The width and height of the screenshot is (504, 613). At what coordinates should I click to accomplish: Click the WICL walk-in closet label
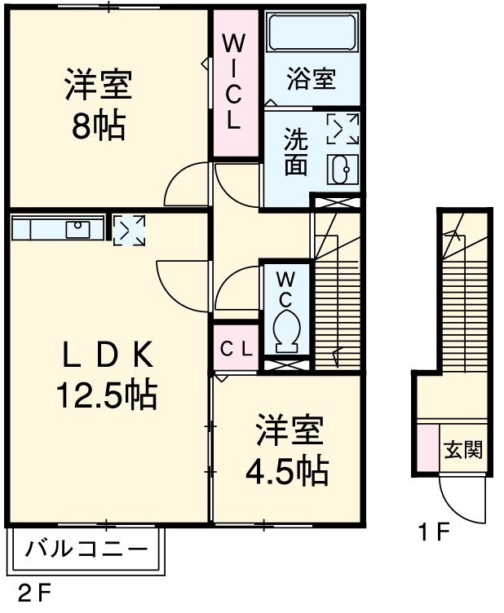233,82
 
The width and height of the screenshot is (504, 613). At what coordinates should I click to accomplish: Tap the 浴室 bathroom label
312,80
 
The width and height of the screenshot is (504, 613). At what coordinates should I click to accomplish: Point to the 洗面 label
295,152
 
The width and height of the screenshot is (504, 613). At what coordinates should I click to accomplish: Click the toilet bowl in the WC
285,331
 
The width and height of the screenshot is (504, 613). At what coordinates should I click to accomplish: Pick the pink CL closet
236,347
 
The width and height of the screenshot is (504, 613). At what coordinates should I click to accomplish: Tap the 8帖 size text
98,127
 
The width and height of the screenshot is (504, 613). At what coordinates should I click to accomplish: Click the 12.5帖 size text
106,395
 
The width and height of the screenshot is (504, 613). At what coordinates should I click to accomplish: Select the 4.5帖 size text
288,470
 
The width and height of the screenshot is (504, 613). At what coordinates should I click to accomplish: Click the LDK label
107,355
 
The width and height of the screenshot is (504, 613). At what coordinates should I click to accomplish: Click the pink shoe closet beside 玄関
428,448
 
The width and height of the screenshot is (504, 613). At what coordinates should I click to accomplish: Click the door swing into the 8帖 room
188,186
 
